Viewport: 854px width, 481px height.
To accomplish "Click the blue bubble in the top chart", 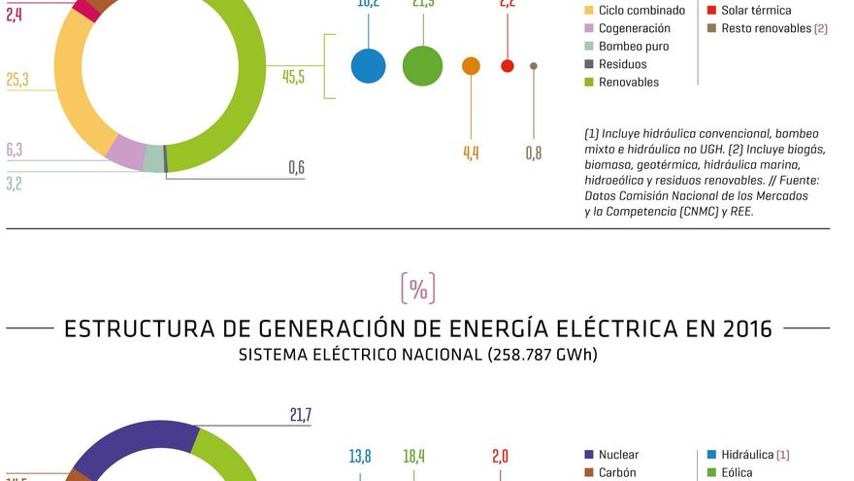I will click(x=368, y=66).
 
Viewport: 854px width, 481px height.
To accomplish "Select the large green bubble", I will click(x=422, y=66).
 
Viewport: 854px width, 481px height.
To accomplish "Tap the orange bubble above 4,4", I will click(x=471, y=66).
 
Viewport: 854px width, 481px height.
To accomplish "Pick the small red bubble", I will click(x=507, y=66).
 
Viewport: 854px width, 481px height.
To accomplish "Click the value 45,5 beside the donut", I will click(x=293, y=78).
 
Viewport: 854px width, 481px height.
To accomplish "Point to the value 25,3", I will click(x=17, y=80).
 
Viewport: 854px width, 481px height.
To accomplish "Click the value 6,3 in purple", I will click(x=14, y=150).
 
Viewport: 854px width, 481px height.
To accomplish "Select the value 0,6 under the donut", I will click(x=296, y=168).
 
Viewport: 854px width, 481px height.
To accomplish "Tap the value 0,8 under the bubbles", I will click(x=533, y=153).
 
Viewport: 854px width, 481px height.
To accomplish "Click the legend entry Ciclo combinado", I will click(x=640, y=11).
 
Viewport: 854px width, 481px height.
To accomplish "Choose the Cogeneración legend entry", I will click(x=634, y=28).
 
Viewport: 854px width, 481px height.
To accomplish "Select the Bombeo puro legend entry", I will click(x=633, y=47).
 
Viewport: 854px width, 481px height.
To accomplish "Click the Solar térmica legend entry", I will click(x=756, y=11).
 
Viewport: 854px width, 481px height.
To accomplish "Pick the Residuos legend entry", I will click(x=620, y=64).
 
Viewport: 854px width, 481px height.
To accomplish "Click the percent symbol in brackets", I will click(x=417, y=289).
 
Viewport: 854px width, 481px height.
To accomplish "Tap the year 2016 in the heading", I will click(x=746, y=328).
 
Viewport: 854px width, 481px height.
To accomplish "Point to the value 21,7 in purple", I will click(x=300, y=416).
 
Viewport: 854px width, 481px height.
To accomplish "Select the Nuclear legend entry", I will click(x=618, y=455).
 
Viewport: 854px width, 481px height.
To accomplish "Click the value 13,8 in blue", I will click(x=360, y=456).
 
